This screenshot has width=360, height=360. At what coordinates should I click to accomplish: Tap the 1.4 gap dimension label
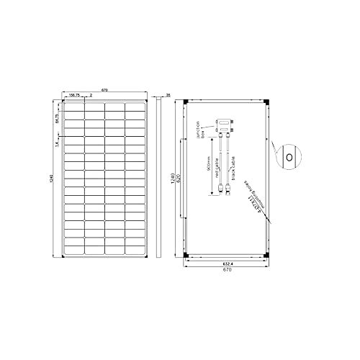point(57,144)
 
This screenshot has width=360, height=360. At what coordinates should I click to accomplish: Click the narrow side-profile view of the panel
point(161,179)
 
